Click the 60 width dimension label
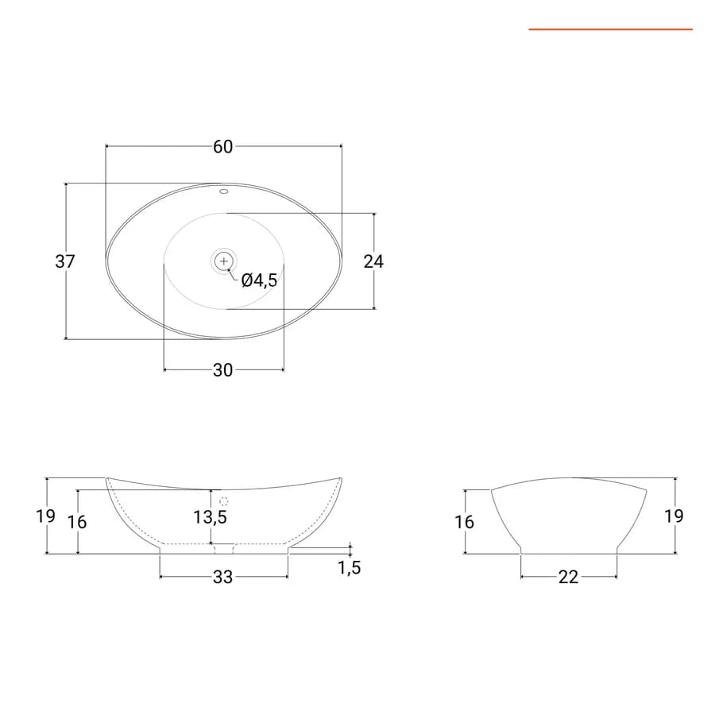(223, 147)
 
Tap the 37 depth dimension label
(65, 261)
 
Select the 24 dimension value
(373, 261)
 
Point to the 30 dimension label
(223, 370)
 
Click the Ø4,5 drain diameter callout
(259, 280)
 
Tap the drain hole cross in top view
(224, 261)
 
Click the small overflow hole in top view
(224, 191)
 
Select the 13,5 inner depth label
(211, 517)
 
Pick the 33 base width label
(223, 578)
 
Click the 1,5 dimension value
(350, 568)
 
